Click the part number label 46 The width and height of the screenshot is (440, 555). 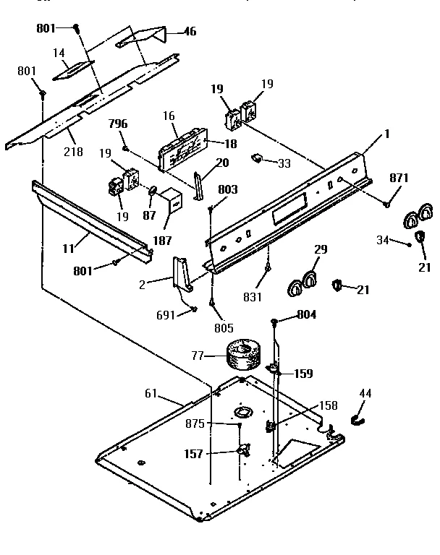pos(190,32)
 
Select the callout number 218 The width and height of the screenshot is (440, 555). pos(73,152)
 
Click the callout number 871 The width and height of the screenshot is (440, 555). pos(399,178)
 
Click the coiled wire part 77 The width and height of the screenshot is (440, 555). pos(241,356)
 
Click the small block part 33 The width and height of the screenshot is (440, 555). pos(257,159)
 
